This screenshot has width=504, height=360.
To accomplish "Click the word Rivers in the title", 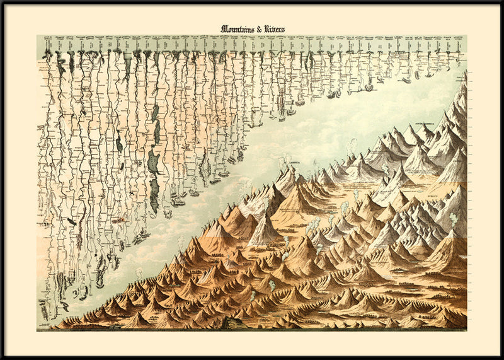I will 275,28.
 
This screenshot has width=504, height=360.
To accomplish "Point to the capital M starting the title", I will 224,28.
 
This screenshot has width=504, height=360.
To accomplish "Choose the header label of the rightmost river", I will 458,44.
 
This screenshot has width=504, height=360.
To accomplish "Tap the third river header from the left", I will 68,44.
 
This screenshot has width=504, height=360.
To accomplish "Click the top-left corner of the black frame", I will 1,1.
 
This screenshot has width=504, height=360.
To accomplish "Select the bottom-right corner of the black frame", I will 502,358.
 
